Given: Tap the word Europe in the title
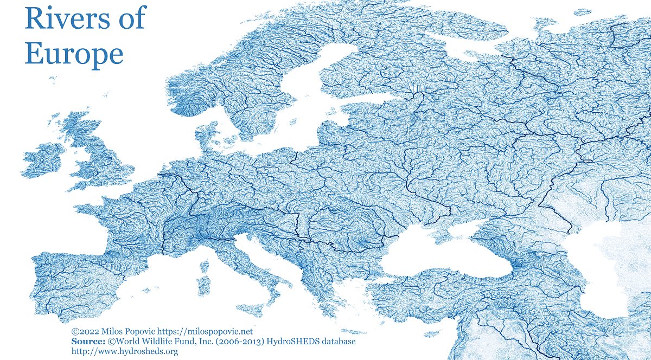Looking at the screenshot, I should coord(74,54).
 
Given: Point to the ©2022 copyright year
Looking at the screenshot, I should coord(84,331).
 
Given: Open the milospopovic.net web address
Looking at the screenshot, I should coord(203,331).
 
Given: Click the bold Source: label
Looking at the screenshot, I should coord(88,341).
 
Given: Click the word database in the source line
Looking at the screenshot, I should coord(336,341).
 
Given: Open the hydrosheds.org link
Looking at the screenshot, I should coord(125,351).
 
